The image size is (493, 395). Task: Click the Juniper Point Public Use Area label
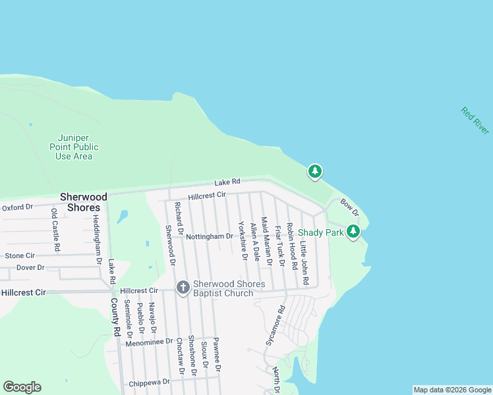tap(73, 147)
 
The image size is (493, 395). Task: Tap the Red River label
tap(475, 121)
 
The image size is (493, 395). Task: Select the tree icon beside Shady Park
tap(354, 231)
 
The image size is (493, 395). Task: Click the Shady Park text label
tap(321, 232)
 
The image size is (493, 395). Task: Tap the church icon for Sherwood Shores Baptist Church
tap(183, 287)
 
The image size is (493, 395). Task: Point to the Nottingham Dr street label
tap(209, 236)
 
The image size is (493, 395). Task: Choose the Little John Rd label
tap(304, 263)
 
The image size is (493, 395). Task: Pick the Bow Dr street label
tap(349, 207)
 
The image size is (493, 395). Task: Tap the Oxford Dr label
tap(17, 207)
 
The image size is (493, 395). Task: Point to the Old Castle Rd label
tap(56, 234)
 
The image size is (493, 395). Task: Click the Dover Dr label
tap(30, 267)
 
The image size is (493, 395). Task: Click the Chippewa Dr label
tap(150, 382)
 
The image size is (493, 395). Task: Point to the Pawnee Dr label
tap(218, 354)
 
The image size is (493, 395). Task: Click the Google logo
tap(22, 387)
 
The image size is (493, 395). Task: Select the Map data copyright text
tap(452, 390)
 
